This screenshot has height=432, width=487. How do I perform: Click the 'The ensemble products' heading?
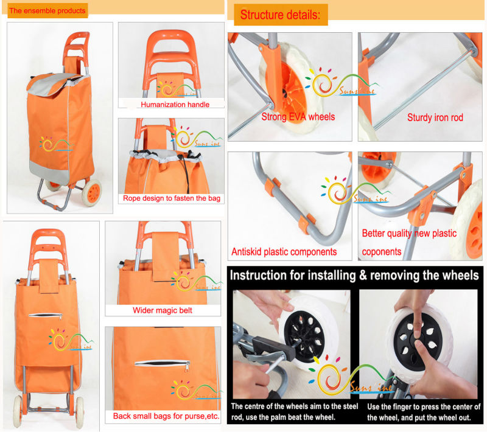(x=47, y=10)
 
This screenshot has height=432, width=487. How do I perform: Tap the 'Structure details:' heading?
(x=280, y=15)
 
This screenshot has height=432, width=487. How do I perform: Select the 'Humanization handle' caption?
(x=175, y=105)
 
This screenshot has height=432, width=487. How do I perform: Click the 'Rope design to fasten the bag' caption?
(x=172, y=198)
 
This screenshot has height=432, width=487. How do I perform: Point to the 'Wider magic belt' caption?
(x=163, y=310)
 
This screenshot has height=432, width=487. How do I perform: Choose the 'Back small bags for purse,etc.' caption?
(x=166, y=416)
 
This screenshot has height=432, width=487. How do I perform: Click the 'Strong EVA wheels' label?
(x=298, y=117)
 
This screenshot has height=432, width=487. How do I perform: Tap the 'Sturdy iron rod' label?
(x=435, y=117)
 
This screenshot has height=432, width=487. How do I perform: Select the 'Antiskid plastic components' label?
(x=284, y=252)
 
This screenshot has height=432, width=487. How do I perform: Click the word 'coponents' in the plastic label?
(x=382, y=252)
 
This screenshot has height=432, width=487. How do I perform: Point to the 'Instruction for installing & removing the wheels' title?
(x=354, y=276)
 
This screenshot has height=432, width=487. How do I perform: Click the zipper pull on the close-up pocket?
(x=187, y=367)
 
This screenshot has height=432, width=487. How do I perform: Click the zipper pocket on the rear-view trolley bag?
(x=45, y=316)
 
